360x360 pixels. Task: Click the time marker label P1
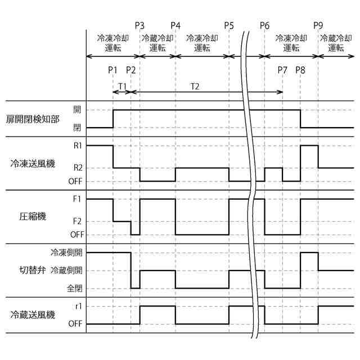[112, 70]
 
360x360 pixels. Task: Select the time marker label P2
[130, 70]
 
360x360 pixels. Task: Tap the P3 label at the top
[140, 26]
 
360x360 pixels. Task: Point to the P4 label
[175, 26]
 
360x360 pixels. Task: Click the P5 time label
[228, 26]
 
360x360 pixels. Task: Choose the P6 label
[265, 26]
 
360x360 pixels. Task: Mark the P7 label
[282, 70]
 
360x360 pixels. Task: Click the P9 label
[318, 26]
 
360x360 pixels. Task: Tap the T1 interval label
[121, 85]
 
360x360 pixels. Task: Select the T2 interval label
[195, 85]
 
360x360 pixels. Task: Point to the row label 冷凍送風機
[32, 164]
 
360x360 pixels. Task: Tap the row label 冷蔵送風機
[32, 314]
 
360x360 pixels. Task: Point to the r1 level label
[78, 306]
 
